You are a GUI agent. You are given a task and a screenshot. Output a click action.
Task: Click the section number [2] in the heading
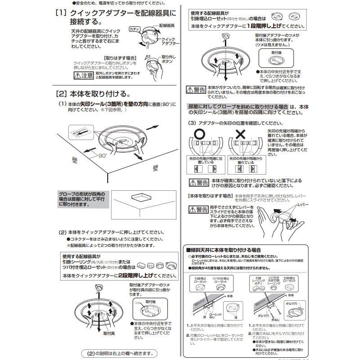coord(61,94)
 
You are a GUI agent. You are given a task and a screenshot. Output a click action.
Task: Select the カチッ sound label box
coord(134,29)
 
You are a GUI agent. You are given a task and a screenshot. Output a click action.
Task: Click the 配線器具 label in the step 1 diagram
coord(167,27)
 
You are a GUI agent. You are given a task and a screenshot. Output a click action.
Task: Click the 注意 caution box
coord(83,75)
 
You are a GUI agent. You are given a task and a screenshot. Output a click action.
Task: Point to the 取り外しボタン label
coord(168,60)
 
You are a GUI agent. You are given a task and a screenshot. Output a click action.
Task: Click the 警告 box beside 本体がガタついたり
coord(196,90)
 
